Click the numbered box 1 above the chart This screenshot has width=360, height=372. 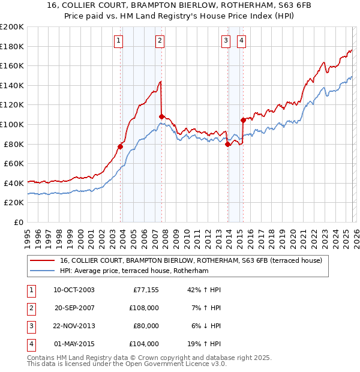point(118,41)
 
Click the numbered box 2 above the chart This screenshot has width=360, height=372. point(160,41)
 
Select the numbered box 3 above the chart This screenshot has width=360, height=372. point(226,41)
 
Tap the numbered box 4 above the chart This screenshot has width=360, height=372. point(241,41)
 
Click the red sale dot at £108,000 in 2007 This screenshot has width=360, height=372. point(161,116)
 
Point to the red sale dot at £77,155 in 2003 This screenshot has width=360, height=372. point(121,146)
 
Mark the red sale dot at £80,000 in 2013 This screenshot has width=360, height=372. point(228,144)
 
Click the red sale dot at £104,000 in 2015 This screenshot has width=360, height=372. point(243,120)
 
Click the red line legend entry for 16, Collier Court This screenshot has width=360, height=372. point(191,260)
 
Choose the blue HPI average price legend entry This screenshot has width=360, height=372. point(133,271)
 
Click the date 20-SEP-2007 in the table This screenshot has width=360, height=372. point(74,308)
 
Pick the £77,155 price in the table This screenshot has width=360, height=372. point(144,290)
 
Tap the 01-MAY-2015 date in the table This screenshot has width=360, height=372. point(74,344)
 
